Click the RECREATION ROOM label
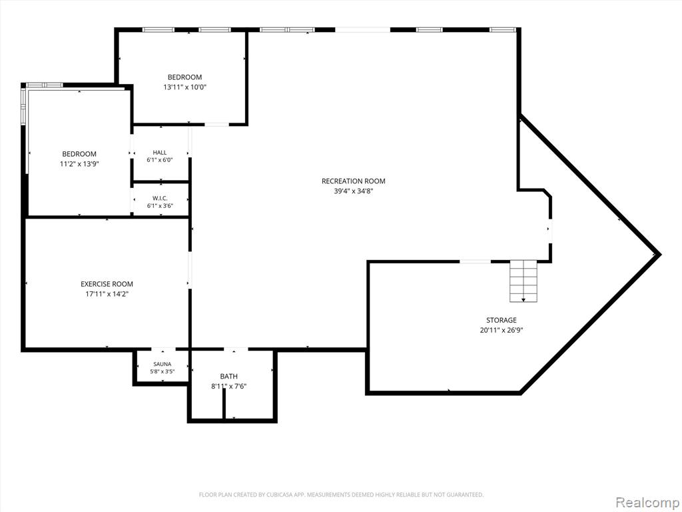click(353, 181)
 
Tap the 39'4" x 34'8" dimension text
click(353, 191)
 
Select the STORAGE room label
click(501, 320)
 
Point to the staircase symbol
click(523, 281)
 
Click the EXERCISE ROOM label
click(107, 284)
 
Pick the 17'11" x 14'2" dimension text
click(107, 294)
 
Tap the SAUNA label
click(163, 364)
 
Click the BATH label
click(229, 376)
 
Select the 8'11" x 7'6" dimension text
click(229, 386)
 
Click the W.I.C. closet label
click(160, 198)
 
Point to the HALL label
click(160, 153)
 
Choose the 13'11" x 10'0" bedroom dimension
click(184, 87)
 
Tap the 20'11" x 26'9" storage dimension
click(501, 330)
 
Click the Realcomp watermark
click(647, 502)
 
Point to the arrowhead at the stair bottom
click(523, 300)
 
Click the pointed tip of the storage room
click(660, 255)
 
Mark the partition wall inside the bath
click(224, 404)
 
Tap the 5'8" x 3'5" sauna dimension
click(163, 371)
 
